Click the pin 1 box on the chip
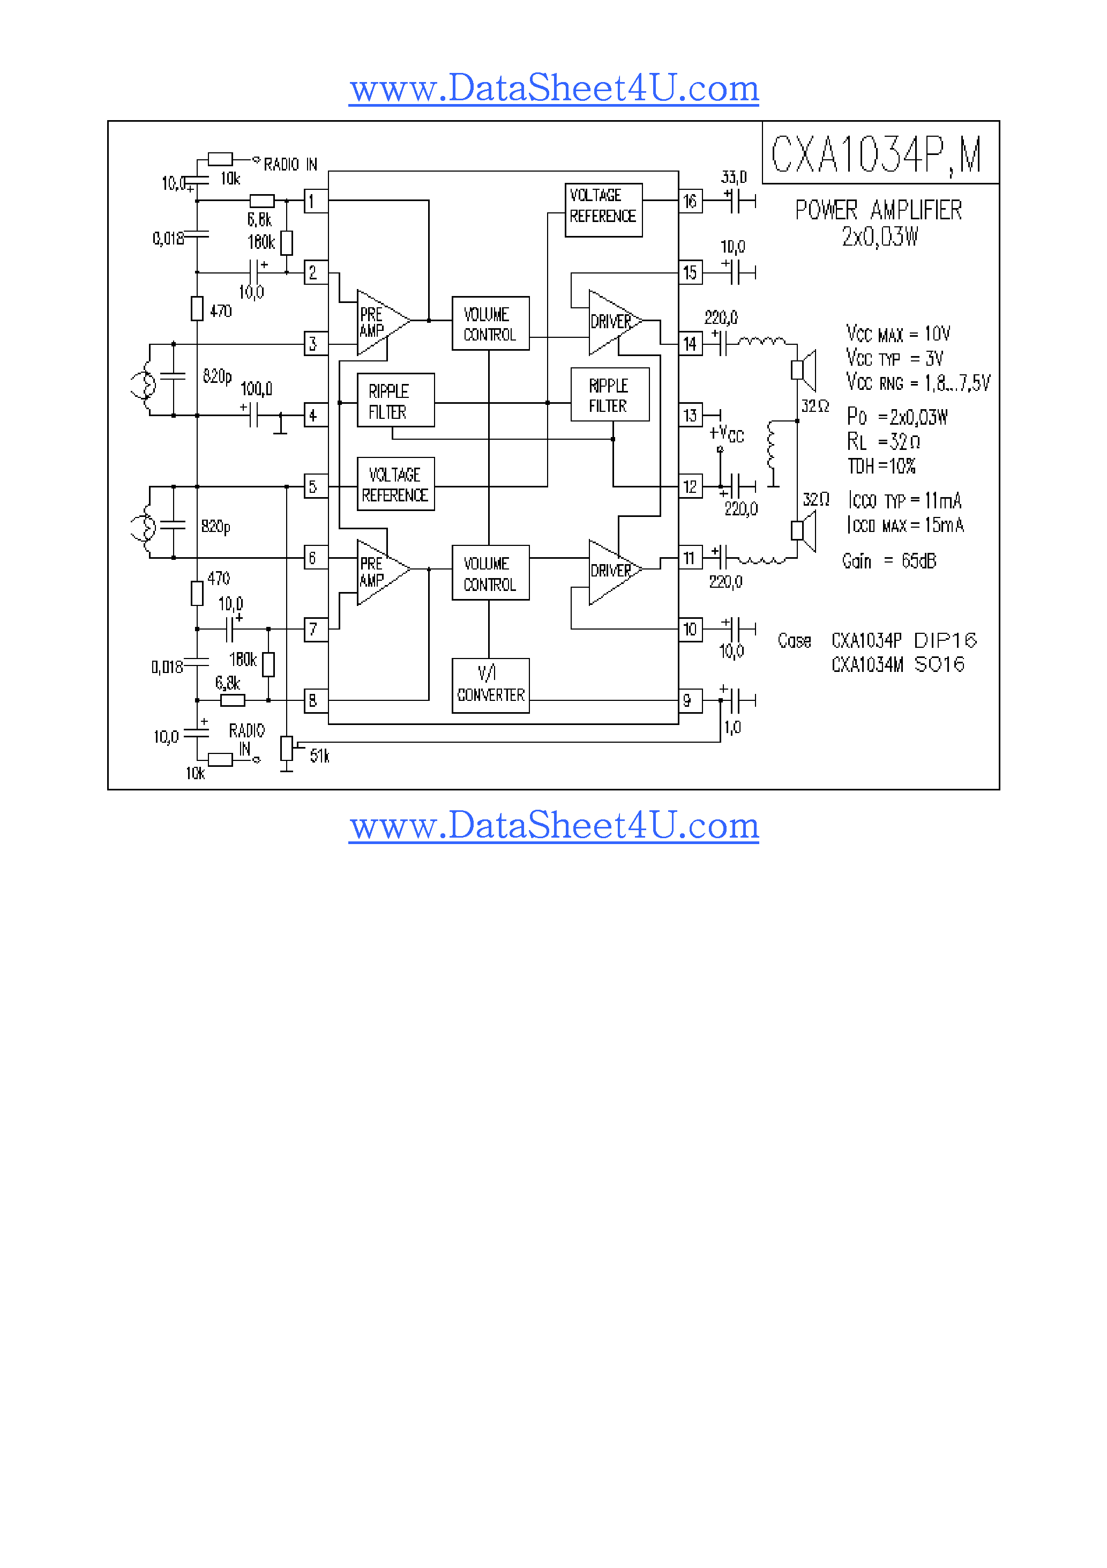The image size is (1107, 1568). click(x=315, y=202)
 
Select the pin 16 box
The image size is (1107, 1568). click(x=690, y=202)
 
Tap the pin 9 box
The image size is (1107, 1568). click(x=690, y=701)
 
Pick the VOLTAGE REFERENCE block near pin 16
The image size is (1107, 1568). click(x=603, y=210)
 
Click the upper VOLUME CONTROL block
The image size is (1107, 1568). click(x=490, y=324)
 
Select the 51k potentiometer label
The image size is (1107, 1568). click(x=319, y=756)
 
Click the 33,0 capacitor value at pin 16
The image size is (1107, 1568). click(x=734, y=177)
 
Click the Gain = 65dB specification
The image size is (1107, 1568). click(x=888, y=561)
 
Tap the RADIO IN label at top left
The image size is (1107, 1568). click(x=290, y=165)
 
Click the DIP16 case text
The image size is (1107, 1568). click(x=945, y=641)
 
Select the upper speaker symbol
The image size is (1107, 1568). click(x=804, y=369)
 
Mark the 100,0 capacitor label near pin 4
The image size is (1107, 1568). click(x=256, y=389)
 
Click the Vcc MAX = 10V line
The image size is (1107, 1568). click(x=898, y=334)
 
